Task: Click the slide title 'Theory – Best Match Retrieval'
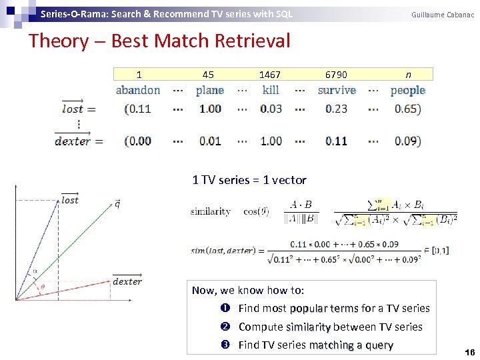click(x=159, y=41)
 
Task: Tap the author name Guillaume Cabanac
click(x=442, y=14)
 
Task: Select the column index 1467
click(x=270, y=75)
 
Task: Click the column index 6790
click(x=336, y=75)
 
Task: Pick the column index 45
click(x=208, y=75)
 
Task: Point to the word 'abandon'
click(x=138, y=91)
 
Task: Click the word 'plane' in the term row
click(x=210, y=91)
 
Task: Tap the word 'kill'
click(x=271, y=91)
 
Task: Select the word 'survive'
click(x=337, y=91)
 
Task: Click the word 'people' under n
click(x=408, y=91)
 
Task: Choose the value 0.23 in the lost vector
click(x=337, y=109)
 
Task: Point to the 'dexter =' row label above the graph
click(x=75, y=140)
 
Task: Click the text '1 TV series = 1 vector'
click(x=249, y=180)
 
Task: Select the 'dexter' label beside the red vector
click(x=127, y=281)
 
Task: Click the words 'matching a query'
click(x=351, y=345)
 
